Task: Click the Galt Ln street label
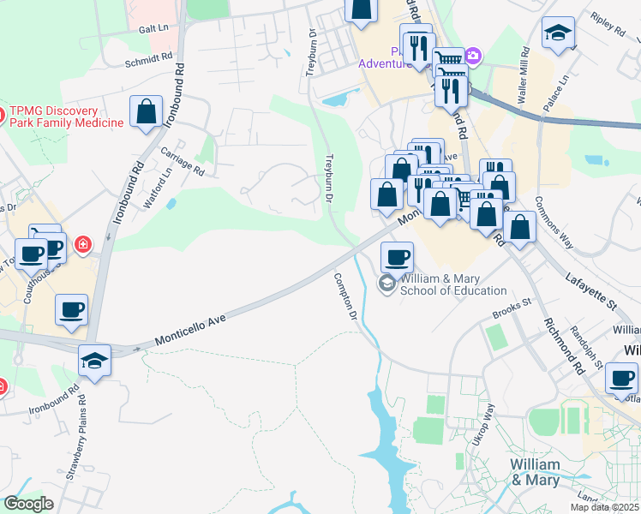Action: click(152, 28)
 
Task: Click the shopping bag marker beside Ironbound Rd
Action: click(147, 111)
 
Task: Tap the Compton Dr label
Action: click(345, 296)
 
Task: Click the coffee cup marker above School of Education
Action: click(397, 257)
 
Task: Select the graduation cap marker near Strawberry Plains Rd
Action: click(95, 361)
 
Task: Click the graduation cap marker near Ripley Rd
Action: click(558, 33)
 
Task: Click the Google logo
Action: click(28, 504)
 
